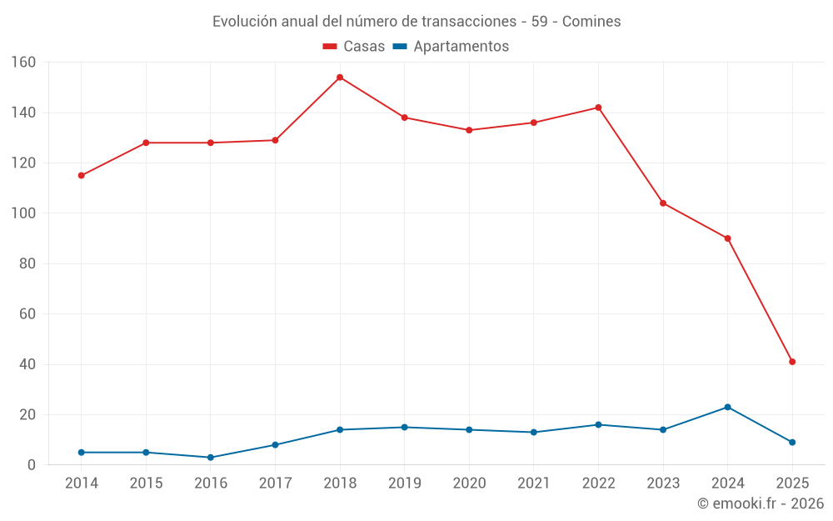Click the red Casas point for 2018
point(340,78)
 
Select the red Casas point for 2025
point(792,362)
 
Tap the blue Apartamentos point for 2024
point(727,407)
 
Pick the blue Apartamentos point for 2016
point(211,458)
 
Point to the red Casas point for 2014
point(82,176)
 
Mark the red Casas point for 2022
point(598,108)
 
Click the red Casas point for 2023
point(663,203)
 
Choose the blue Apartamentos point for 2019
point(404,428)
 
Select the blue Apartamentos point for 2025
point(792,443)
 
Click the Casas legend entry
point(354,47)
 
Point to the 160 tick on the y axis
point(23,63)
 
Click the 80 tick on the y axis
point(27,264)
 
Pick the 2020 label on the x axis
point(469,483)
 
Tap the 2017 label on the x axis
point(275,483)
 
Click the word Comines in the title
point(591,22)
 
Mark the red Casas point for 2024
point(727,238)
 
